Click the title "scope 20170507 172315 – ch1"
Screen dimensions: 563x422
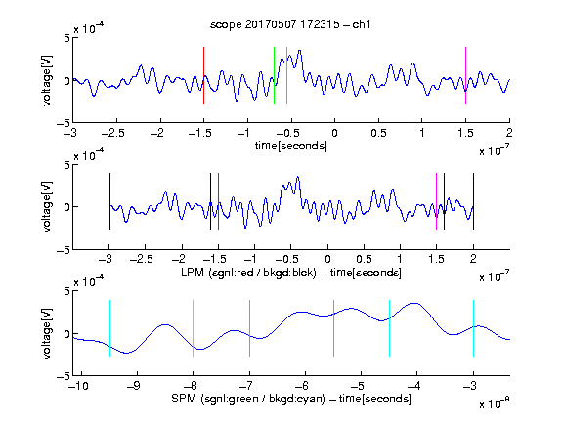(290, 24)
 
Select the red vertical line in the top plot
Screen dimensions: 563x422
(203, 75)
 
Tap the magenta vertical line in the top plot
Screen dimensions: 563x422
(465, 75)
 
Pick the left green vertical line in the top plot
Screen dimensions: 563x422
(274, 75)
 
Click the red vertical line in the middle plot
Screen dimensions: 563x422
(218, 201)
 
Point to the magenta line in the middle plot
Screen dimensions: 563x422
(436, 201)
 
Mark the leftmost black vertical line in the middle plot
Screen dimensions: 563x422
(109, 201)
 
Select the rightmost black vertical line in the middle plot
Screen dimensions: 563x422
(473, 201)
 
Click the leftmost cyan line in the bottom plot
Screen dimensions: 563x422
(109, 328)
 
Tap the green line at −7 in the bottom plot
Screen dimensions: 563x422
(249, 328)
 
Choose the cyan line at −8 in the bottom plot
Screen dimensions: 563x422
(193, 328)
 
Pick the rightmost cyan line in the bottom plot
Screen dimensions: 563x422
(473, 328)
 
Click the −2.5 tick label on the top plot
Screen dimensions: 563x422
(112, 134)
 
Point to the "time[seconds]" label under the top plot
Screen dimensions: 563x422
(291, 146)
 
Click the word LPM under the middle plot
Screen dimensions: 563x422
(193, 273)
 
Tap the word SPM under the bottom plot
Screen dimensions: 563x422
(184, 399)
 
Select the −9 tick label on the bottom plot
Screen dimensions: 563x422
(134, 386)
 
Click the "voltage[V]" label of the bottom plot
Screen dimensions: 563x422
(47, 333)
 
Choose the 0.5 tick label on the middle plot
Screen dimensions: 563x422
(364, 259)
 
